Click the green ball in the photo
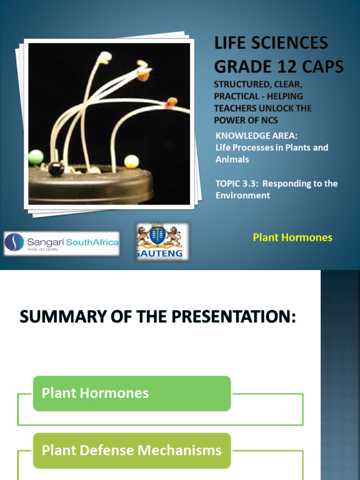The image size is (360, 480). click(36, 157)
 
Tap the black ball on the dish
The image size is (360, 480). click(56, 168)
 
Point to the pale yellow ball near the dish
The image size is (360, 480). click(132, 161)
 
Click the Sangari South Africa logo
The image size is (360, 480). click(61, 243)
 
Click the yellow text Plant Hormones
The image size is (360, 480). click(292, 237)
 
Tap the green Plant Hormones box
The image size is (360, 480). click(132, 393)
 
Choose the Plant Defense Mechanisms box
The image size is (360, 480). click(132, 450)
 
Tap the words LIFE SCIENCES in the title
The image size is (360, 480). click(271, 43)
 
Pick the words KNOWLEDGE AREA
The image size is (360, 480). click(256, 136)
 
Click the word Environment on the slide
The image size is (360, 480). click(242, 195)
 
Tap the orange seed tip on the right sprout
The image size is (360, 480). click(172, 101)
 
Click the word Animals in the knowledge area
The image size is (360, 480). click(232, 159)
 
